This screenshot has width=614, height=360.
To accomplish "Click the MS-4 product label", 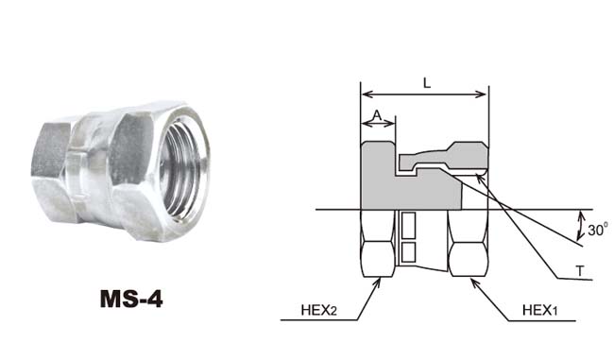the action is (131, 299).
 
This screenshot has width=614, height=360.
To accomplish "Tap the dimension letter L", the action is (427, 83).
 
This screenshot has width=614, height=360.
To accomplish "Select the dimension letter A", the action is (377, 114).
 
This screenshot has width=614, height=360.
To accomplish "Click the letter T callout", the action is (580, 270).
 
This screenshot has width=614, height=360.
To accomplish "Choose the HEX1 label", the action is (539, 310).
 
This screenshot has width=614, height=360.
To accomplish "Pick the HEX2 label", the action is (318, 310).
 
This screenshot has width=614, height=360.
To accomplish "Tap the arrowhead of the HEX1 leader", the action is (474, 282).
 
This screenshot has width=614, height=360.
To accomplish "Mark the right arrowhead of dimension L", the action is (482, 94).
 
